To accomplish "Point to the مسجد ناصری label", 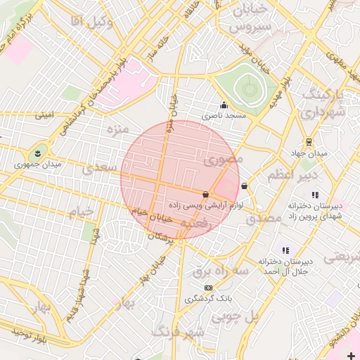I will [225, 115].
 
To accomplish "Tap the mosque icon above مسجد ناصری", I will [224, 105].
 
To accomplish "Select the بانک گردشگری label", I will [208, 299].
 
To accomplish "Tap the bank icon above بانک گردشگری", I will [208, 288].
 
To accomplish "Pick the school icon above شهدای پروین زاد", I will [314, 195].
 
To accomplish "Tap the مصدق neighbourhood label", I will [264, 219].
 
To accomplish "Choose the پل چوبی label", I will [257, 316].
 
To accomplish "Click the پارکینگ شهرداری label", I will [326, 103].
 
